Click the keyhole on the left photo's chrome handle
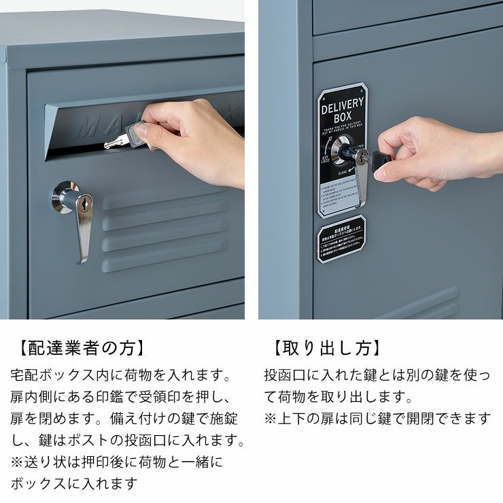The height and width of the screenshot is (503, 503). [x=84, y=203]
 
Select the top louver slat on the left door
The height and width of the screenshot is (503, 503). [x=163, y=198]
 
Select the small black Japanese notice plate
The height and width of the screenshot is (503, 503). [x=341, y=239]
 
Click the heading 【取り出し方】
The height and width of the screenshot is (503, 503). [x=326, y=349]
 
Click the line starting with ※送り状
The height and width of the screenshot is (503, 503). [x=116, y=462]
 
